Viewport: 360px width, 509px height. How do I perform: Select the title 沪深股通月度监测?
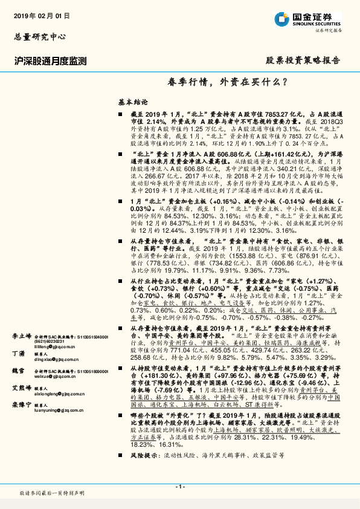[x=51, y=61]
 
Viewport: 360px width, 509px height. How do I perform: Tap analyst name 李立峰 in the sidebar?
[x=23, y=334]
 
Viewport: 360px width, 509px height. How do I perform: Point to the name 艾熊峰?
[x=23, y=388]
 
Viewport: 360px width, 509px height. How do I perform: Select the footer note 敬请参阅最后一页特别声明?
[x=53, y=493]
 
